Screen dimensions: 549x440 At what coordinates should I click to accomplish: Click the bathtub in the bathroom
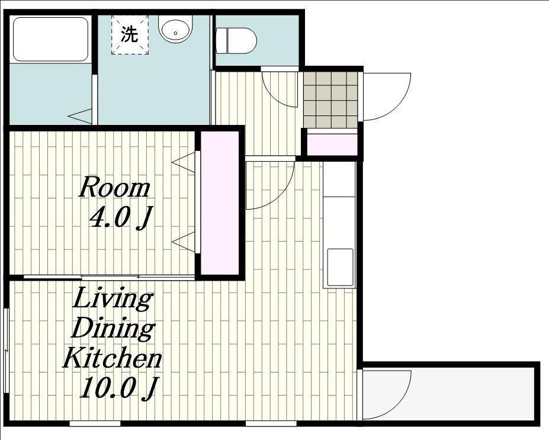coord(50,40)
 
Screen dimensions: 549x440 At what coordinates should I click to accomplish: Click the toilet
coord(236,41)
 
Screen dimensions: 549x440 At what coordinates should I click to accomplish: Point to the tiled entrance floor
coord(330,99)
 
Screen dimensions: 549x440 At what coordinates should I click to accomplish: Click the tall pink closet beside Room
coord(220,203)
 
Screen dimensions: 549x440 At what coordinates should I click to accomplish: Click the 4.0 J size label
coord(121,218)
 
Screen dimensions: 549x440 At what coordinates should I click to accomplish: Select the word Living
coord(113,298)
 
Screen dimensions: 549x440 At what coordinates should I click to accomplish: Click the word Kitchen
coord(112,357)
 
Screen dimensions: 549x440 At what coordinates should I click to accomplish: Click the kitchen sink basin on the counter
coord(340,268)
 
